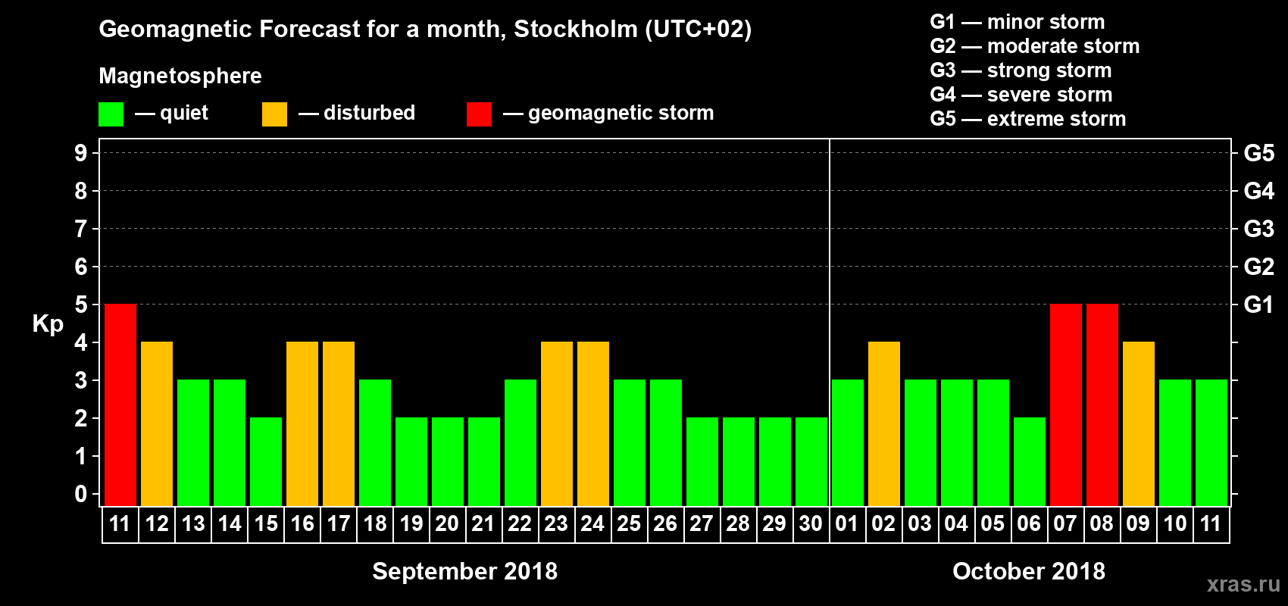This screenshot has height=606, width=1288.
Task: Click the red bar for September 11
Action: coord(120,405)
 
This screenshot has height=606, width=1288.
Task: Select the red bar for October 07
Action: coord(1066,405)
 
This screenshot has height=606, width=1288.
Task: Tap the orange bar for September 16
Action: coord(302,424)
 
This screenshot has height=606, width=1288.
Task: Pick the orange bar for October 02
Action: coord(884,424)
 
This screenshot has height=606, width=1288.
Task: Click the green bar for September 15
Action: coord(266,462)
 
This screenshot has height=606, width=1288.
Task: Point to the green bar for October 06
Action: coord(1030,462)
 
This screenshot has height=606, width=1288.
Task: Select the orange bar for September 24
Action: coord(593,424)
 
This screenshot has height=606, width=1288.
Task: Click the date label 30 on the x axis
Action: coord(811,524)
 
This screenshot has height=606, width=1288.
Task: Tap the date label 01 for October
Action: coord(847,524)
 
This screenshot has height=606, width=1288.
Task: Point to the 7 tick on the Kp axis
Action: coord(81,229)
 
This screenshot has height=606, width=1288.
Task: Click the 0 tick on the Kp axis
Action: coord(81,495)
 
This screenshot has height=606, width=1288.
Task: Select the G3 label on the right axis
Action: coord(1258,229)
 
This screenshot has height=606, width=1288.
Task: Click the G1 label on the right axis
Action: coord(1258,305)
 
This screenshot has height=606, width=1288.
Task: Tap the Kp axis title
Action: coord(48,324)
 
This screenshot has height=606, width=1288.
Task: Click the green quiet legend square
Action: coord(111,114)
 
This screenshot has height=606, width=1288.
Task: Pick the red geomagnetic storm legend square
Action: coord(479,114)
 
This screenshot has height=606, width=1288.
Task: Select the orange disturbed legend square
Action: coord(274,114)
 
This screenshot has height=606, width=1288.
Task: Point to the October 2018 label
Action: coord(1028,571)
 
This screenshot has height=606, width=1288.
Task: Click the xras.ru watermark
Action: coord(1243,584)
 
